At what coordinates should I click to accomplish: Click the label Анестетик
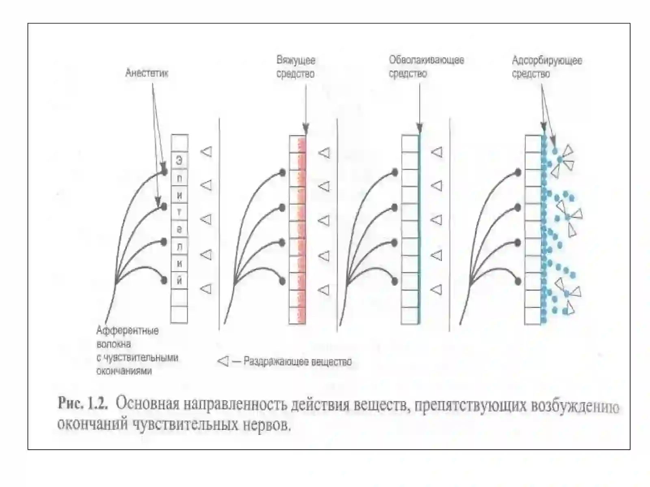point(147,73)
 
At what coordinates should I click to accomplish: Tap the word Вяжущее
point(296,60)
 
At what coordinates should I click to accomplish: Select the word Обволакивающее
point(427,60)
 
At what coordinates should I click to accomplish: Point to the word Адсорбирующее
point(547,61)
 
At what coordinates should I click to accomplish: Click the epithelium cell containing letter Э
point(180,161)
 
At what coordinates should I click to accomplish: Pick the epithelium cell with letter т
point(180,212)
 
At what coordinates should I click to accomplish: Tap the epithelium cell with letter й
point(180,280)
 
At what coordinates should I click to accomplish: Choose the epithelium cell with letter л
point(180,246)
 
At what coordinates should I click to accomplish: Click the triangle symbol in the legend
point(223,361)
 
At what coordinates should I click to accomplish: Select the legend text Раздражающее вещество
point(298,362)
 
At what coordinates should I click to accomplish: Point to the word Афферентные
point(128,331)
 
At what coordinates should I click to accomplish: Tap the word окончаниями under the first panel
point(124,371)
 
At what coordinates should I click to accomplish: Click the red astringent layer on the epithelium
point(302,230)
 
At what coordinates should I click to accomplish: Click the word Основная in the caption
point(147,404)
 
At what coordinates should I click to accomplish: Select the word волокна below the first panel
point(114,344)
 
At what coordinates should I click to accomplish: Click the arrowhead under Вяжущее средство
point(305,129)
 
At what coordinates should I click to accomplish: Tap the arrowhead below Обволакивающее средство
point(419,129)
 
